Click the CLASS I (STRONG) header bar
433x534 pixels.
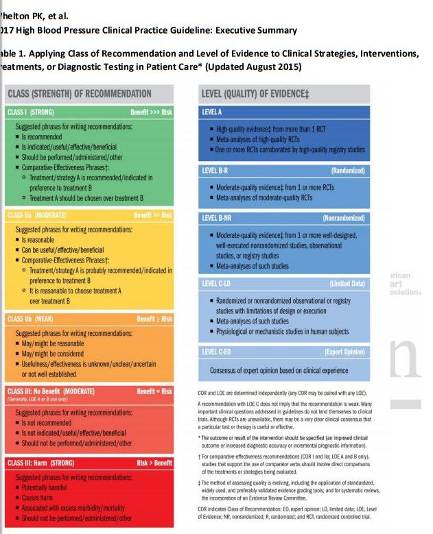pos(89,111)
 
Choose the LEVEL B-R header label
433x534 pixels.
pos(216,169)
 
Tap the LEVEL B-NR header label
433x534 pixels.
pos(218,217)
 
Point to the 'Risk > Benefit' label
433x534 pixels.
pos(154,463)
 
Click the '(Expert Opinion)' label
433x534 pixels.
pos(345,352)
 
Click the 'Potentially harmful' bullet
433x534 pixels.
pos(51,485)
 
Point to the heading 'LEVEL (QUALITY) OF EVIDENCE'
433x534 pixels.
pos(255,93)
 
